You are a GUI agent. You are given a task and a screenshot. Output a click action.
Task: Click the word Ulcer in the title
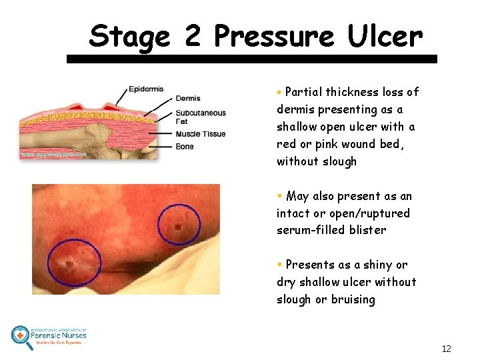385,36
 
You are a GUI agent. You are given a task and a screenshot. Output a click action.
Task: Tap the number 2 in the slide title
193,36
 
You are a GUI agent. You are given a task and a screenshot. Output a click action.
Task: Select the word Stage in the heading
129,37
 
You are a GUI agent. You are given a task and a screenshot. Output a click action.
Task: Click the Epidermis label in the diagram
146,89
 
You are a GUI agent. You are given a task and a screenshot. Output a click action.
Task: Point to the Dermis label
188,99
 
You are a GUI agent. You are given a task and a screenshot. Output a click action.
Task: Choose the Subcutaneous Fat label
201,117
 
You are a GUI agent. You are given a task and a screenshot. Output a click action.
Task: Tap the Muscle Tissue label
201,134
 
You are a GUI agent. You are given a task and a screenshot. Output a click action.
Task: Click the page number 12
446,349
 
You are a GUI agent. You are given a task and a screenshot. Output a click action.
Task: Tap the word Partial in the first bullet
305,92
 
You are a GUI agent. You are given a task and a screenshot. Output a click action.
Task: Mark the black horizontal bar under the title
251,59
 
